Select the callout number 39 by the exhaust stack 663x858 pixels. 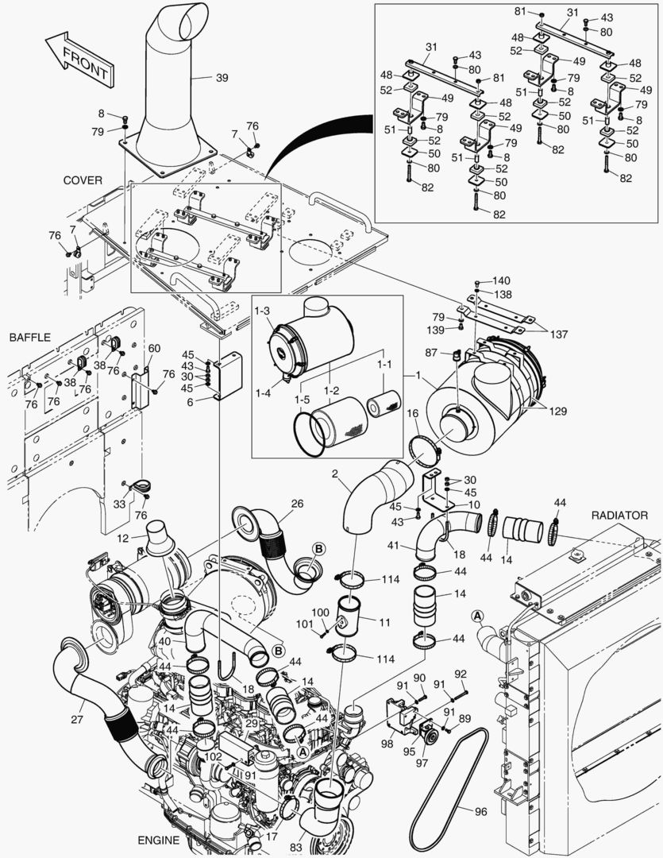[222, 78]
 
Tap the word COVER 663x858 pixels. [83, 180]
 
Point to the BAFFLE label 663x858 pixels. [29, 338]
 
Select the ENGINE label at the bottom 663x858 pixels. [159, 841]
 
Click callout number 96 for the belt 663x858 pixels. [480, 813]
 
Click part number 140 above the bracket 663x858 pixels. [501, 281]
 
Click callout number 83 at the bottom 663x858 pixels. [295, 848]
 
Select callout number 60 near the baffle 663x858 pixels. [154, 348]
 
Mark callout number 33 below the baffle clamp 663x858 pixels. [120, 504]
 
